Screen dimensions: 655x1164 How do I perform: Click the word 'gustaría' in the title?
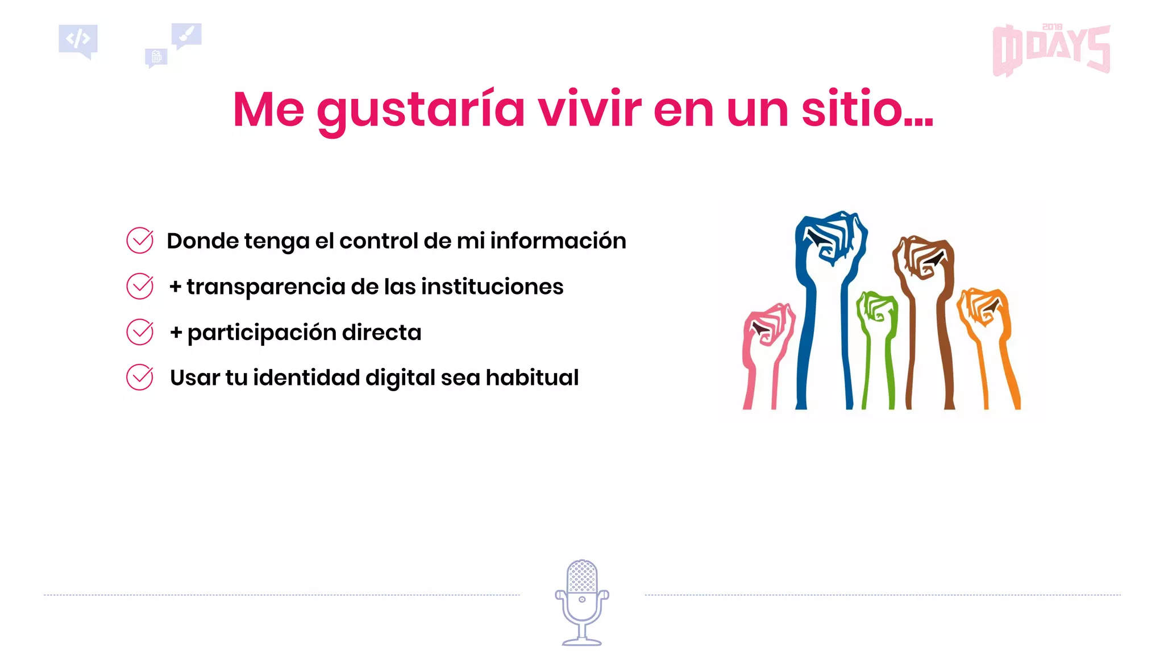[421, 110]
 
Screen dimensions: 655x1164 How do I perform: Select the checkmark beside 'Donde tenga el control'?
[140, 241]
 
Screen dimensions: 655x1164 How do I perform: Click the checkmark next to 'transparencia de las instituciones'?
[140, 286]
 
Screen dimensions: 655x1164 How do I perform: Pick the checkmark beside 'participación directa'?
[140, 332]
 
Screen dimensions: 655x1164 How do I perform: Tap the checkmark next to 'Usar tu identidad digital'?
[140, 378]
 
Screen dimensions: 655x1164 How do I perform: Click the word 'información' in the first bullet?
[558, 241]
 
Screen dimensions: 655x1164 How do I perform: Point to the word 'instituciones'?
[492, 287]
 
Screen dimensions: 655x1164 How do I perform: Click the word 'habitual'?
[532, 378]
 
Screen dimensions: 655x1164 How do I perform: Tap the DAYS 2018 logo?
[1051, 50]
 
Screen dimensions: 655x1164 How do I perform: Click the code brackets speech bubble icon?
[78, 40]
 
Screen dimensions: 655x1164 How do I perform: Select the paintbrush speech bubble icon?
[186, 35]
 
